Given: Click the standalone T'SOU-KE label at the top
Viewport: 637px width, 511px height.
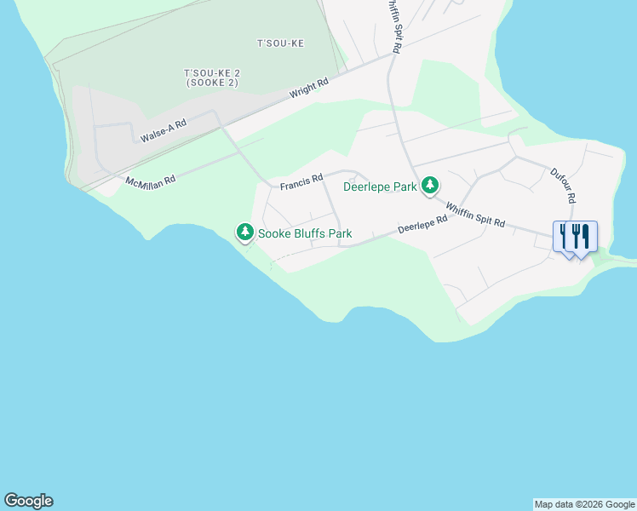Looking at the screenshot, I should [x=280, y=43].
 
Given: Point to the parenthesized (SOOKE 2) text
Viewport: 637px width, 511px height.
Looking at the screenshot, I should [x=210, y=83].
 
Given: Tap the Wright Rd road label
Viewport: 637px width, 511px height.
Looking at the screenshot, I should [x=308, y=89].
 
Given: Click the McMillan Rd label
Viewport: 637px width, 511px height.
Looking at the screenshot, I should [x=150, y=181].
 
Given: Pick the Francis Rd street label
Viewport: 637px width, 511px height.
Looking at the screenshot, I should [x=301, y=180].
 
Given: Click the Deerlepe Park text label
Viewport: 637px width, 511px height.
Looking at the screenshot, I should [x=380, y=187].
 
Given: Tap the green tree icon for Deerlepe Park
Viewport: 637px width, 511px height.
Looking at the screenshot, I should [x=430, y=185].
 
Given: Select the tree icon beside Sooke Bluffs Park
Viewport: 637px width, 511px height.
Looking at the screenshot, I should [x=245, y=232].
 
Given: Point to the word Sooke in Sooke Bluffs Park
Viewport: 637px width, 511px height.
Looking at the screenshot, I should [x=274, y=233].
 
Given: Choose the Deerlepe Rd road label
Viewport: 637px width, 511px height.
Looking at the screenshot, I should [x=422, y=225].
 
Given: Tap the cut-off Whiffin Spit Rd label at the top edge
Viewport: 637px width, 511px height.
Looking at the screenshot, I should [x=393, y=26].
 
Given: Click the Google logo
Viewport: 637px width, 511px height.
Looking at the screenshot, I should [x=28, y=501].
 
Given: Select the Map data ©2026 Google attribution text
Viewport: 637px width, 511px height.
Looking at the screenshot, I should [x=584, y=504].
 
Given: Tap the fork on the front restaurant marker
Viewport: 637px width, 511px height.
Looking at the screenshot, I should [x=577, y=235].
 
